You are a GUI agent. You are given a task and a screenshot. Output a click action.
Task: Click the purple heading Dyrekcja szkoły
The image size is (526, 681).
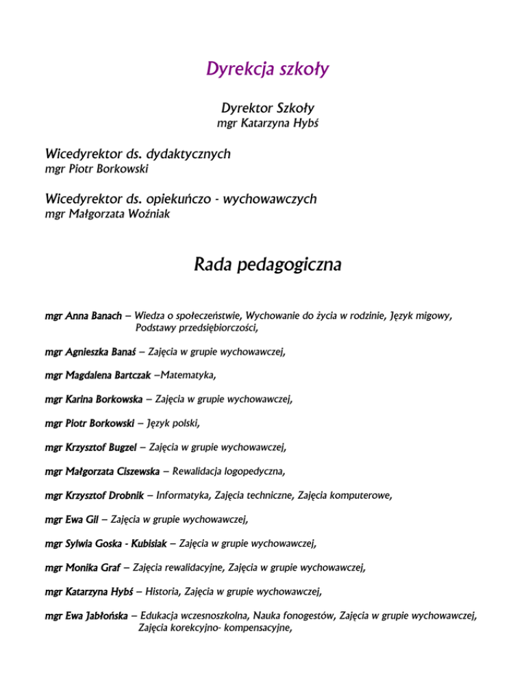coord(262,69)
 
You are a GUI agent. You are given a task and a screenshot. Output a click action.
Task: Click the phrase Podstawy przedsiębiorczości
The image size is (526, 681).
coord(197,329)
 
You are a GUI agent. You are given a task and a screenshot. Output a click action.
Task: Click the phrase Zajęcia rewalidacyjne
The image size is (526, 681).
coord(180,567)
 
